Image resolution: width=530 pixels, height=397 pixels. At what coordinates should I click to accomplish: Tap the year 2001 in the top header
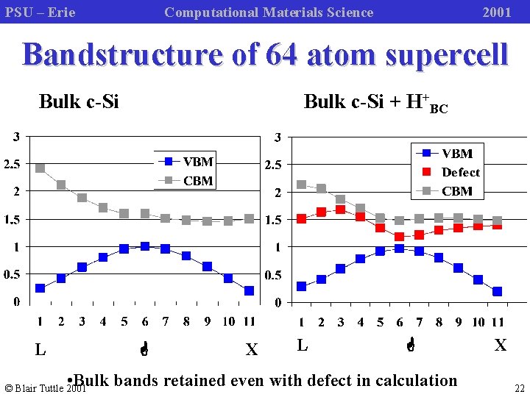click(x=496, y=12)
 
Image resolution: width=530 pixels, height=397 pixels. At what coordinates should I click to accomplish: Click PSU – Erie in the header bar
click(x=40, y=12)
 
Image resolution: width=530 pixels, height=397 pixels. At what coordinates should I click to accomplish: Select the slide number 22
click(x=520, y=389)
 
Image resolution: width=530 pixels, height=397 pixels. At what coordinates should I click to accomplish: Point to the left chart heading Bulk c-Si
click(x=79, y=101)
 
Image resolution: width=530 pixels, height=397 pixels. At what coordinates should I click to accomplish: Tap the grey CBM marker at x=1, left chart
click(x=40, y=168)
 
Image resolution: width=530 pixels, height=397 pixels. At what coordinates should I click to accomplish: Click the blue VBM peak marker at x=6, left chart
click(x=145, y=246)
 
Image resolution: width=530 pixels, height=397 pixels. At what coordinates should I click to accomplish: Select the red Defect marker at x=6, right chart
click(x=399, y=237)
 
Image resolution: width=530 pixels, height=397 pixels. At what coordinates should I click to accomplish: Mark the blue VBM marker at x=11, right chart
click(x=498, y=291)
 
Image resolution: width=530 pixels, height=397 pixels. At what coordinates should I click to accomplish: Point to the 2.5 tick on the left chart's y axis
click(x=13, y=164)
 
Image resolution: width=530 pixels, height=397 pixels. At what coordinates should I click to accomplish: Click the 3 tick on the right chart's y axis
click(x=277, y=137)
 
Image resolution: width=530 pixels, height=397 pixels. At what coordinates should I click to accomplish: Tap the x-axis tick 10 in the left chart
click(x=228, y=321)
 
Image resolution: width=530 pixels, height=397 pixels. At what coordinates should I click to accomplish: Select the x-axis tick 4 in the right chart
click(x=361, y=322)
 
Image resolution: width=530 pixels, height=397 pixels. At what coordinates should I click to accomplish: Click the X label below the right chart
click(x=500, y=345)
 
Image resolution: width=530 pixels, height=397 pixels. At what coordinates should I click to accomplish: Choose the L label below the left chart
click(x=40, y=350)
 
